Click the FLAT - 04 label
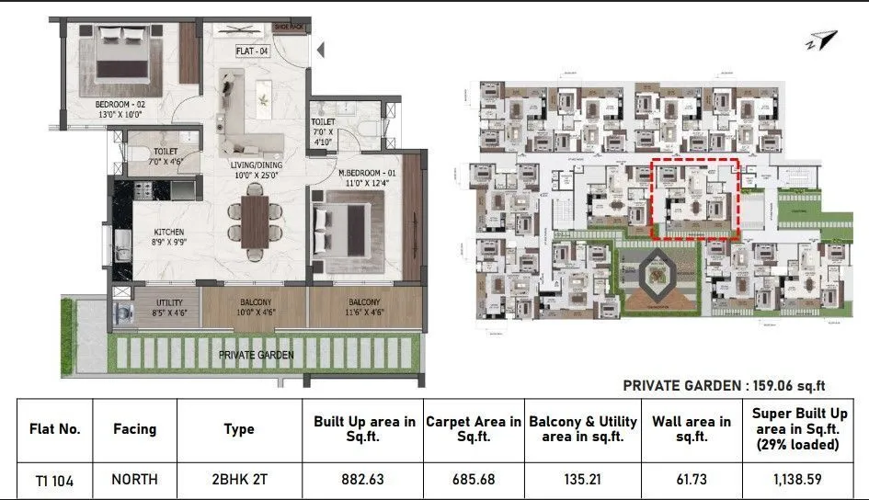tap(251, 51)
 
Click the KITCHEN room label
tap(169, 232)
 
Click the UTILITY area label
tap(169, 302)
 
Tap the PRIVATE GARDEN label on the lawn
tap(257, 354)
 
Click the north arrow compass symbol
tap(825, 40)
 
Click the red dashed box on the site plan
tap(695, 199)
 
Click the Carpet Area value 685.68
tap(474, 479)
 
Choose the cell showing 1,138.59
tap(798, 479)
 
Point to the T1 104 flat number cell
tap(55, 479)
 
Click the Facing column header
tap(134, 428)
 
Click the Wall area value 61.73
tap(692, 479)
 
